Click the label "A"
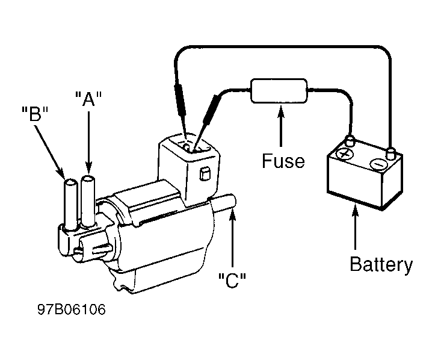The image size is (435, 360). (89, 99)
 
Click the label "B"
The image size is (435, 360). (35, 114)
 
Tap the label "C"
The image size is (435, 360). (232, 281)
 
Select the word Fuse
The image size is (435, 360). (283, 161)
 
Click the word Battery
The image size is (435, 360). (381, 265)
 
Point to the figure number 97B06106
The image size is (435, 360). (72, 309)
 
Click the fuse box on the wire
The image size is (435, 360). (279, 91)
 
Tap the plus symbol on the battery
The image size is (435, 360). (345, 154)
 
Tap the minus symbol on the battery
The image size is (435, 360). (378, 164)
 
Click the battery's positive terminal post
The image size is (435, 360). (350, 141)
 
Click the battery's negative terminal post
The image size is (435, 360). (390, 154)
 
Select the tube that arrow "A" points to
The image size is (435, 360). (88, 202)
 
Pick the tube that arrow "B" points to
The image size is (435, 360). (71, 205)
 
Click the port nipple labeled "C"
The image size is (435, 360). (224, 202)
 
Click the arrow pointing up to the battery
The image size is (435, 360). (355, 226)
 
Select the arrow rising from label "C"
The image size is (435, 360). (232, 239)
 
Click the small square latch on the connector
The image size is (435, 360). (205, 174)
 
